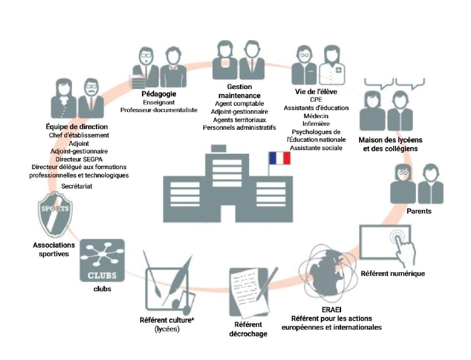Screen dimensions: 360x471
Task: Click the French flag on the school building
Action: (x=279, y=158)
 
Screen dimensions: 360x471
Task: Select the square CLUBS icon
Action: (x=102, y=260)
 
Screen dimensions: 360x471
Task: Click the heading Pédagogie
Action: (x=159, y=94)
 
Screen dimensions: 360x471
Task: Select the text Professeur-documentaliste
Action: (x=159, y=110)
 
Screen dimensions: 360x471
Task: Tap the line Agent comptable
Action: (x=239, y=104)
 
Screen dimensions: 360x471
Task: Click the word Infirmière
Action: (x=316, y=124)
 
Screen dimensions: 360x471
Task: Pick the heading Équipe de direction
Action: (x=77, y=127)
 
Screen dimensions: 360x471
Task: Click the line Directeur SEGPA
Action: (x=79, y=159)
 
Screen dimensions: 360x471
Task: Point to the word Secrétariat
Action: (x=77, y=186)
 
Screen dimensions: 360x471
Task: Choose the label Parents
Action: (x=419, y=211)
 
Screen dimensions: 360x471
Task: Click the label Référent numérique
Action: (x=393, y=274)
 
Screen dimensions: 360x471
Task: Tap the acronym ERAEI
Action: (x=331, y=310)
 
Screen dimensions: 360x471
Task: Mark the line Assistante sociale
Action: (x=316, y=148)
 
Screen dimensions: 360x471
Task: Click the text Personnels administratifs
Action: (x=239, y=127)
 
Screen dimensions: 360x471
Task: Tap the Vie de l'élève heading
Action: (x=316, y=92)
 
